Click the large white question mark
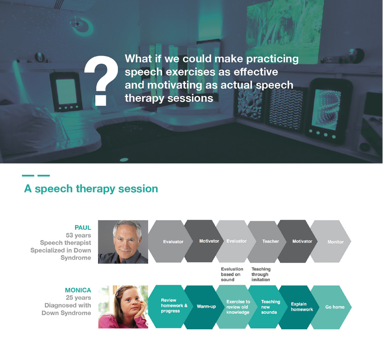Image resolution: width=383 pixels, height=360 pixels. [101, 80]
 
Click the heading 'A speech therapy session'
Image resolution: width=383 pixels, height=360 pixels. [91, 189]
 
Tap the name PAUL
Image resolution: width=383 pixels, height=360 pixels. [83, 228]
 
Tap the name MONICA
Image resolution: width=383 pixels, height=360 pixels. [78, 290]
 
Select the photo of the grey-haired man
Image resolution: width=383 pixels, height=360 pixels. [123, 242]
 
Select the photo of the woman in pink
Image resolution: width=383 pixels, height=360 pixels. [123, 307]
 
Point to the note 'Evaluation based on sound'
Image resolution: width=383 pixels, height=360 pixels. [232, 274]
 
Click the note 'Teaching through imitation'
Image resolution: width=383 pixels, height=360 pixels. [261, 274]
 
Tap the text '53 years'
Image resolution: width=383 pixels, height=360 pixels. [78, 235]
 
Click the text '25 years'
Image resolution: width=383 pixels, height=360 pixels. [78, 298]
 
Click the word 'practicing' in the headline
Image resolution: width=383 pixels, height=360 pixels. [272, 59]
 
